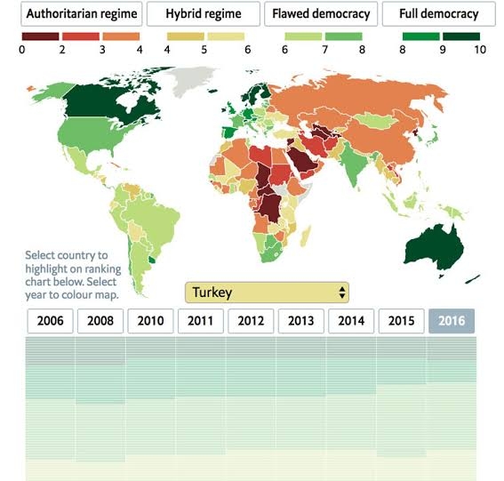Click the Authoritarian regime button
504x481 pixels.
[81, 14]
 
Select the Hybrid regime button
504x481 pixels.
[204, 14]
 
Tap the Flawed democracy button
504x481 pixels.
[321, 14]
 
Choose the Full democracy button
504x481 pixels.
[439, 14]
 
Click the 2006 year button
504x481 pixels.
[50, 321]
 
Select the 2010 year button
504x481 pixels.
[150, 321]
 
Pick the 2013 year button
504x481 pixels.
[300, 321]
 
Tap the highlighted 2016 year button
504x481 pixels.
[452, 321]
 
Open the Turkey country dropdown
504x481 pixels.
[267, 293]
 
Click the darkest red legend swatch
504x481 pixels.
[41, 36]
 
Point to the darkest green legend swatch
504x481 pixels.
[461, 36]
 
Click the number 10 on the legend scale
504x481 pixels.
[480, 50]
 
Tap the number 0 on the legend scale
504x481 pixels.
[22, 50]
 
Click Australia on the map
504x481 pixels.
[434, 247]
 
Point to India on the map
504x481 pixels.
[354, 161]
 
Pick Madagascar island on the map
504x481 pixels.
[306, 236]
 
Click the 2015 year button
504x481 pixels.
[402, 321]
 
